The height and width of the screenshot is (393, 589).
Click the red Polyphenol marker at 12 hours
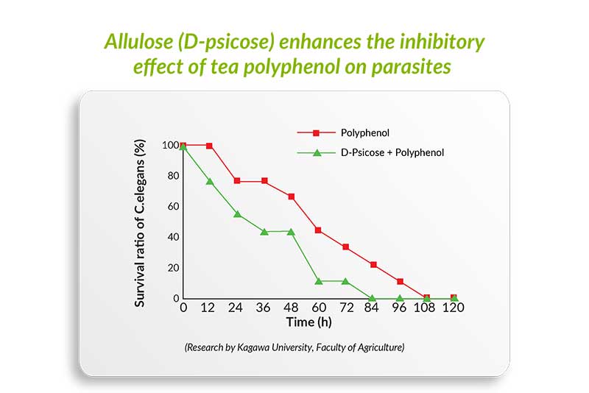click(x=209, y=146)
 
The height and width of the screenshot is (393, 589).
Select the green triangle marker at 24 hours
click(x=237, y=214)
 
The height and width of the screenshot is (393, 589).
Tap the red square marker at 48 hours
click(x=291, y=196)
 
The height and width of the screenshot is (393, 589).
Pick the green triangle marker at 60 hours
click(x=319, y=281)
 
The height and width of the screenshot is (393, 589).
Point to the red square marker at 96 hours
click(x=400, y=282)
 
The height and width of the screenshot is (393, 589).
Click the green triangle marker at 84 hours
click(x=372, y=298)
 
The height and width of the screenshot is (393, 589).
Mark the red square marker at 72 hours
click(x=345, y=247)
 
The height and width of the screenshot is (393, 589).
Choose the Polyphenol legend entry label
click(x=364, y=133)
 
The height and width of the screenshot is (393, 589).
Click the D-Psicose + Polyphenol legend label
click(x=392, y=153)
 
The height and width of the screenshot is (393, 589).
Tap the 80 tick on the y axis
click(x=173, y=176)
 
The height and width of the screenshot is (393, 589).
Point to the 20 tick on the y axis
click(x=173, y=268)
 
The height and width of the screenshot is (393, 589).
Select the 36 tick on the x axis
click(x=263, y=308)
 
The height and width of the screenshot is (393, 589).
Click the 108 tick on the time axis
click(x=424, y=308)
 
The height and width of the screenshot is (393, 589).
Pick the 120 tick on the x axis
click(x=453, y=308)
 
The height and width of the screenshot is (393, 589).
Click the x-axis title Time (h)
click(x=308, y=322)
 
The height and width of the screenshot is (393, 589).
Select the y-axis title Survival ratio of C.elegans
click(x=140, y=223)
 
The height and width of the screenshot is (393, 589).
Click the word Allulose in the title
click(x=138, y=41)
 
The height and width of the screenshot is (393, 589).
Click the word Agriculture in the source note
click(x=381, y=347)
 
